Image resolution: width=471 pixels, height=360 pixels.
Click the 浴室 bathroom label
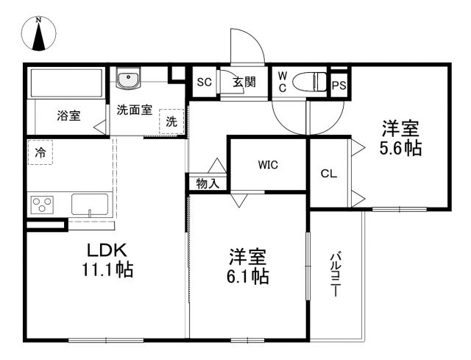click(69, 116)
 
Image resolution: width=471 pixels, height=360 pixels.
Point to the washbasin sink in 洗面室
click(130, 78)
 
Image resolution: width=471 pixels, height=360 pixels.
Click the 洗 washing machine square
click(171, 121)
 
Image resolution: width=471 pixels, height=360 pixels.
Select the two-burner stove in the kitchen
click(40, 203)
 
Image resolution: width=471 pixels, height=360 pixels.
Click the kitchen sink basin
click(90, 203)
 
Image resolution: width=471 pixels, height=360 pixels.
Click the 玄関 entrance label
click(244, 82)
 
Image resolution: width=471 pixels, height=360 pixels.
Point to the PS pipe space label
click(339, 85)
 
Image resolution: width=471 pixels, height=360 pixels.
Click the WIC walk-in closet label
click(268, 165)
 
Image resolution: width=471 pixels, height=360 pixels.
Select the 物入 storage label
click(208, 183)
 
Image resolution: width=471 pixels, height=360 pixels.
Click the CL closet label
click(328, 174)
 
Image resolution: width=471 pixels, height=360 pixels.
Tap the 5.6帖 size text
click(400, 148)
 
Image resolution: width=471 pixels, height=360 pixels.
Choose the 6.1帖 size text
click(247, 277)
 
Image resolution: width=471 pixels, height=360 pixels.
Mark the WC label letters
click(283, 82)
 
